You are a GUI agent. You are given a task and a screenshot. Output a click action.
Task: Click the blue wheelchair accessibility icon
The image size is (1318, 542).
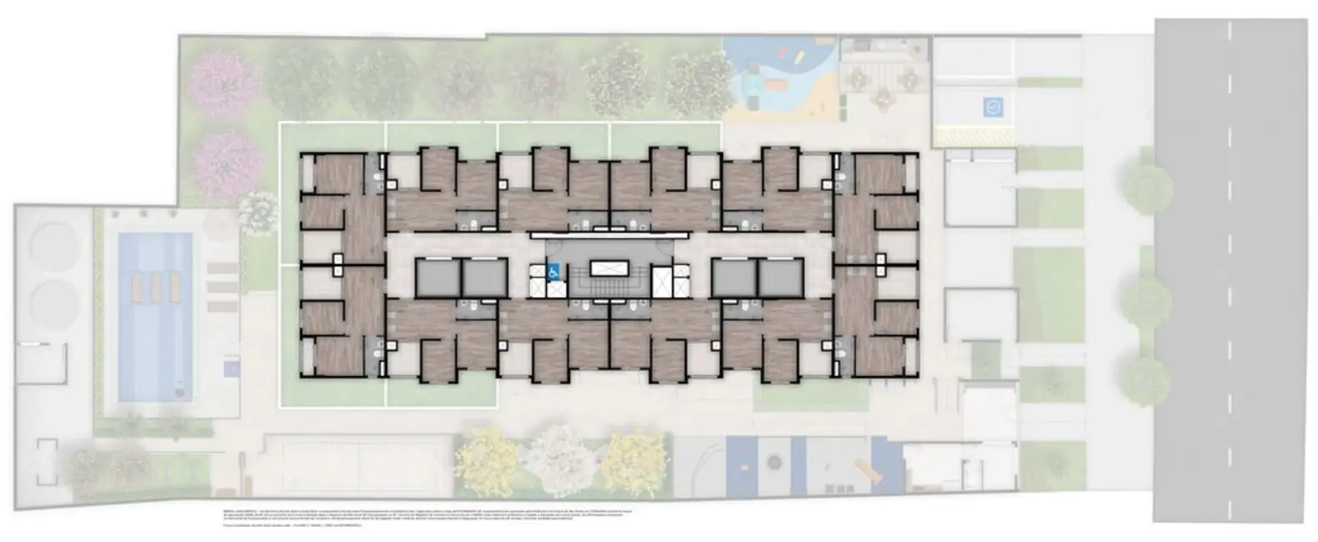coord(554,269)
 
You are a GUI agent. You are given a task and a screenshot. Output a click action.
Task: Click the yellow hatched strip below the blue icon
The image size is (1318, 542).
coord(973,135)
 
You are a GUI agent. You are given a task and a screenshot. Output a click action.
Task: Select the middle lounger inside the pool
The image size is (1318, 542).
coord(155,289)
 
